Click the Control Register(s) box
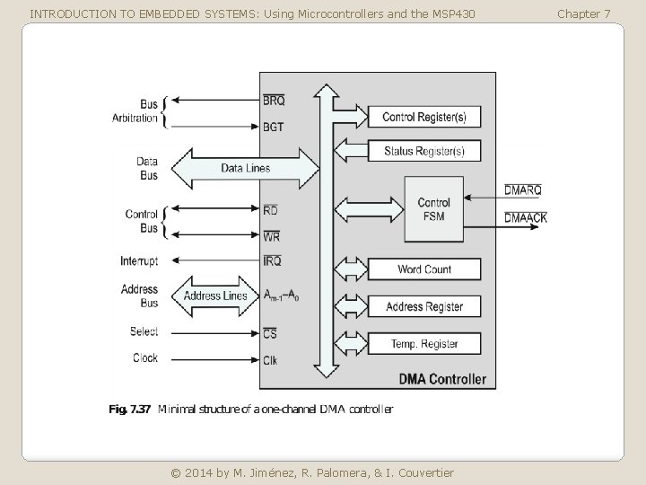pyautogui.click(x=423, y=117)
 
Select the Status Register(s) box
pyautogui.click(x=423, y=151)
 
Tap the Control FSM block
pyautogui.click(x=434, y=209)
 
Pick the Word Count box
pyautogui.click(x=423, y=269)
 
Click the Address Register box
pyautogui.click(x=423, y=306)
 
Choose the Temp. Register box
pyautogui.click(x=423, y=343)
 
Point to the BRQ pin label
pyautogui.click(x=274, y=101)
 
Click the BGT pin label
pyautogui.click(x=273, y=127)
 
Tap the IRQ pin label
pyautogui.click(x=272, y=260)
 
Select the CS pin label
pyautogui.click(x=270, y=333)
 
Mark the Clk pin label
pyautogui.click(x=270, y=360)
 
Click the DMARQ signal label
pyautogui.click(x=523, y=190)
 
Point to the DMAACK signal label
pyautogui.click(x=526, y=217)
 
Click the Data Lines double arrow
pyautogui.click(x=246, y=168)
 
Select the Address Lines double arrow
pyautogui.click(x=215, y=296)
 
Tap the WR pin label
pyautogui.click(x=271, y=236)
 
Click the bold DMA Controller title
pyautogui.click(x=442, y=379)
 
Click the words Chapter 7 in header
pyautogui.click(x=583, y=14)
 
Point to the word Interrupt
pyautogui.click(x=139, y=261)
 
